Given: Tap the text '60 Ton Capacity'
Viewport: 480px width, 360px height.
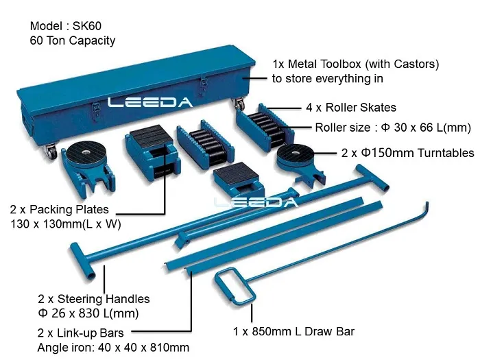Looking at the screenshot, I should (x=73, y=40).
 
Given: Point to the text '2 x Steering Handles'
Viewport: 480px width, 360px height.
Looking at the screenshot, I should (x=94, y=299).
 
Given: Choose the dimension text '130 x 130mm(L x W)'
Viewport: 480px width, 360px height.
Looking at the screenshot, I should (x=65, y=224).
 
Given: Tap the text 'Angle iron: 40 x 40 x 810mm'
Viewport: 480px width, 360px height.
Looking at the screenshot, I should (x=113, y=348).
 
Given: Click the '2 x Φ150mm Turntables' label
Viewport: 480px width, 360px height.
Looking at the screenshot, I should (x=407, y=152).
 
